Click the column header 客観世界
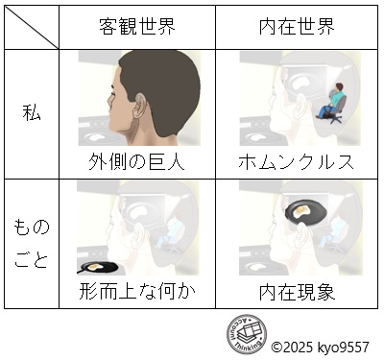point(136,27)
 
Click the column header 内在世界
point(300,27)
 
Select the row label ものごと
point(31,243)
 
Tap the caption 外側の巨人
point(136,161)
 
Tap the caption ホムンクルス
point(298,161)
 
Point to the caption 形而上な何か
point(136,290)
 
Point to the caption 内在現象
point(300,290)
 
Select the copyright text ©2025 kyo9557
point(321,347)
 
